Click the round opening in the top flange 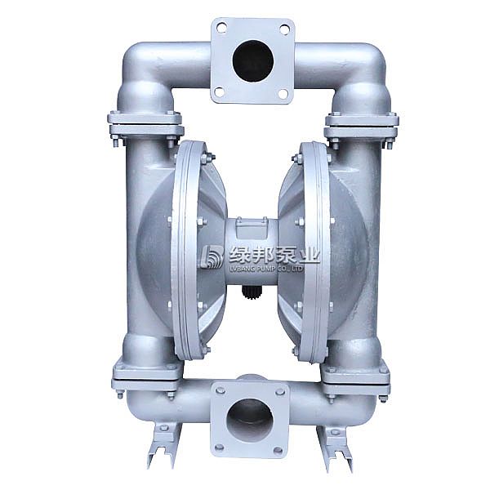[252, 59]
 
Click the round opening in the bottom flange [249, 419]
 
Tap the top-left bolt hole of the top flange [220, 29]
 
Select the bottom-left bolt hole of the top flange [220, 92]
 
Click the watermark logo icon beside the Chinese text [212, 257]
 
